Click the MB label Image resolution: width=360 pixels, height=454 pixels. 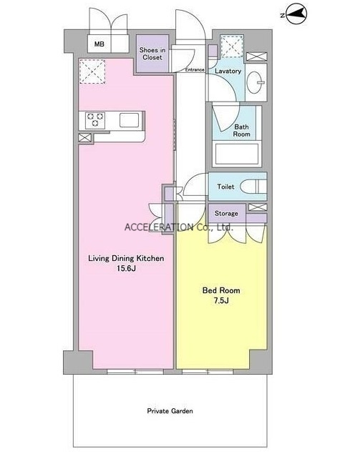pos(99,44)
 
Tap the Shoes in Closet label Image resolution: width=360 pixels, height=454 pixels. pos(152,54)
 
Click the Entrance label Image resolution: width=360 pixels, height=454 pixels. pos(195,70)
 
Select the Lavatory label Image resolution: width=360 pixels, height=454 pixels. pos(228,71)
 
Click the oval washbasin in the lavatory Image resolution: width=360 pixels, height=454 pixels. pos(256,82)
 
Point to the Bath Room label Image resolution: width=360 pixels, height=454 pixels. pos(241,131)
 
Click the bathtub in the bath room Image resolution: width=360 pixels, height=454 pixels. pos(237,154)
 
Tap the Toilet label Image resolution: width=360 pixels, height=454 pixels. pos(225,187)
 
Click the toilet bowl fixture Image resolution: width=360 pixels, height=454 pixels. pos(253,187)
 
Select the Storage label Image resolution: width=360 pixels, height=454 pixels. pos(226,213)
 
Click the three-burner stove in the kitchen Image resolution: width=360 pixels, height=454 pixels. pos(95,120)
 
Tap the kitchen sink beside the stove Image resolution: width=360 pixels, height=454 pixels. pos(130,120)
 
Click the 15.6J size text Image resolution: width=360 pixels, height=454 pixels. pos(126,268)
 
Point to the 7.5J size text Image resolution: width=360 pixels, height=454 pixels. pos(221,300)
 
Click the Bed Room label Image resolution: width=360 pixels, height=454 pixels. pos(221,290)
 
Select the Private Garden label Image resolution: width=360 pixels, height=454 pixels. pos(170,411)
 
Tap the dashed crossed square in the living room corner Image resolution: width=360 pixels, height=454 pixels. pos(92,71)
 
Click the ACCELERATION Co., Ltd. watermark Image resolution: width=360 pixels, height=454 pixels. pos(178,227)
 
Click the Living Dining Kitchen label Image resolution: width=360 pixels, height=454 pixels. pos(126,258)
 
